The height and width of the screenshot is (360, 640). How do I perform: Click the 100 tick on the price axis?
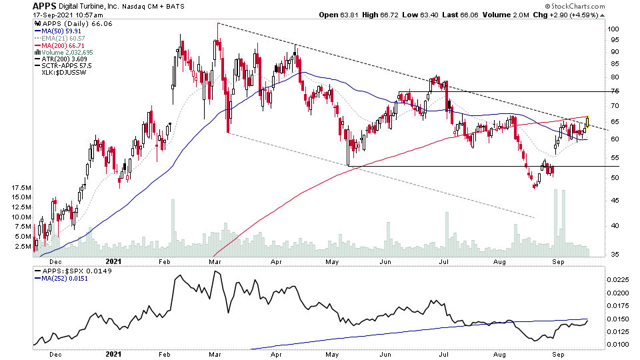coord(613,29)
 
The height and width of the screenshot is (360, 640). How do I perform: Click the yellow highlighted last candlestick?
coord(587,122)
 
